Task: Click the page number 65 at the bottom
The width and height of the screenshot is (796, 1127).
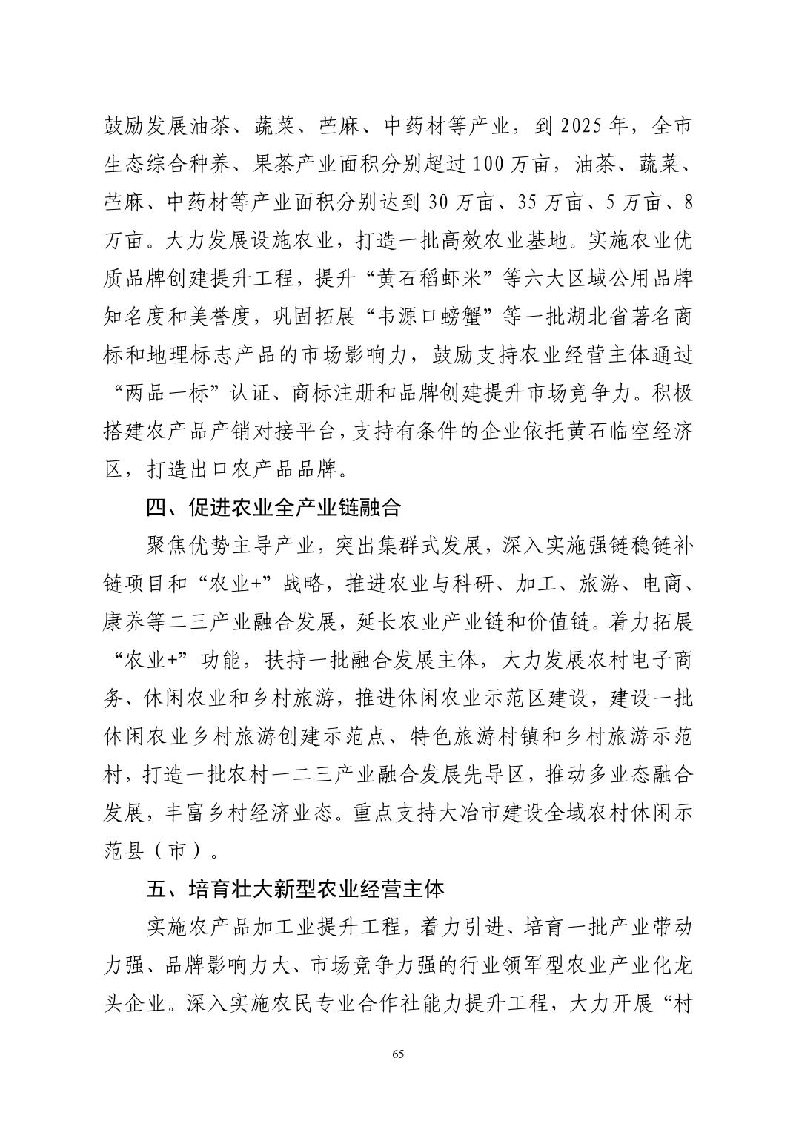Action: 398,1055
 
